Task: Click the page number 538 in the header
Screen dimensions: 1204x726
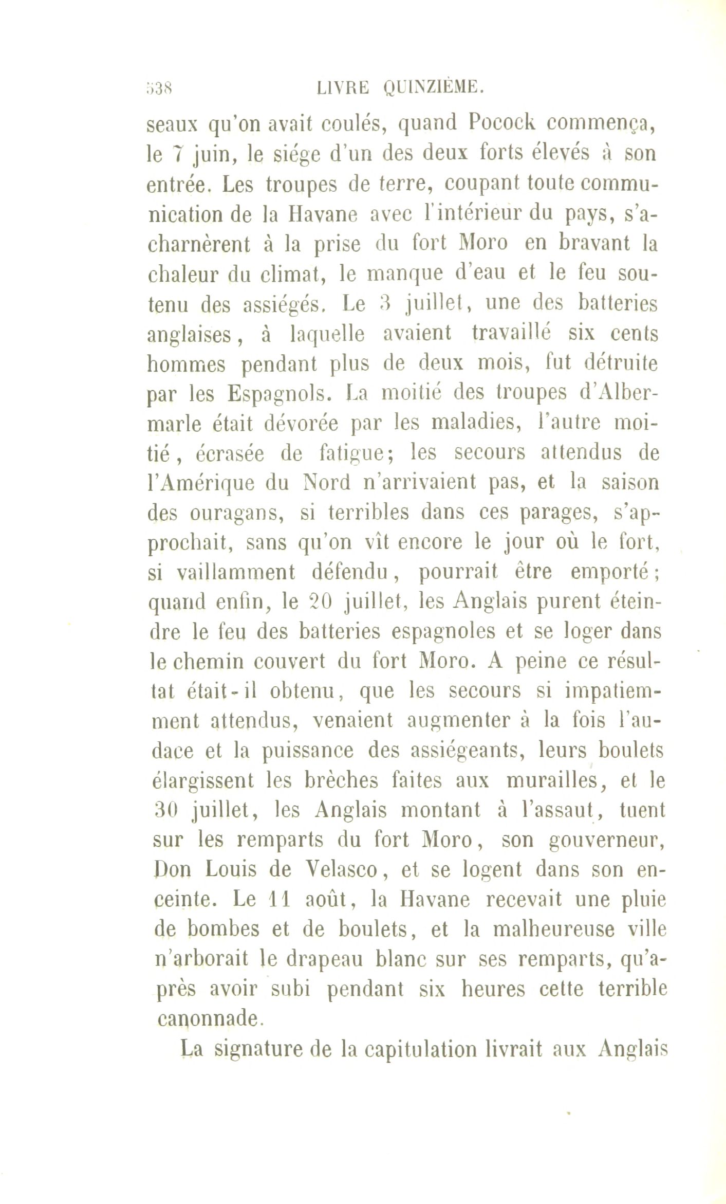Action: click(x=160, y=88)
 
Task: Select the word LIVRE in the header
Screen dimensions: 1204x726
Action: click(x=343, y=88)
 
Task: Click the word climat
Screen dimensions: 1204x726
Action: click(x=291, y=273)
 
